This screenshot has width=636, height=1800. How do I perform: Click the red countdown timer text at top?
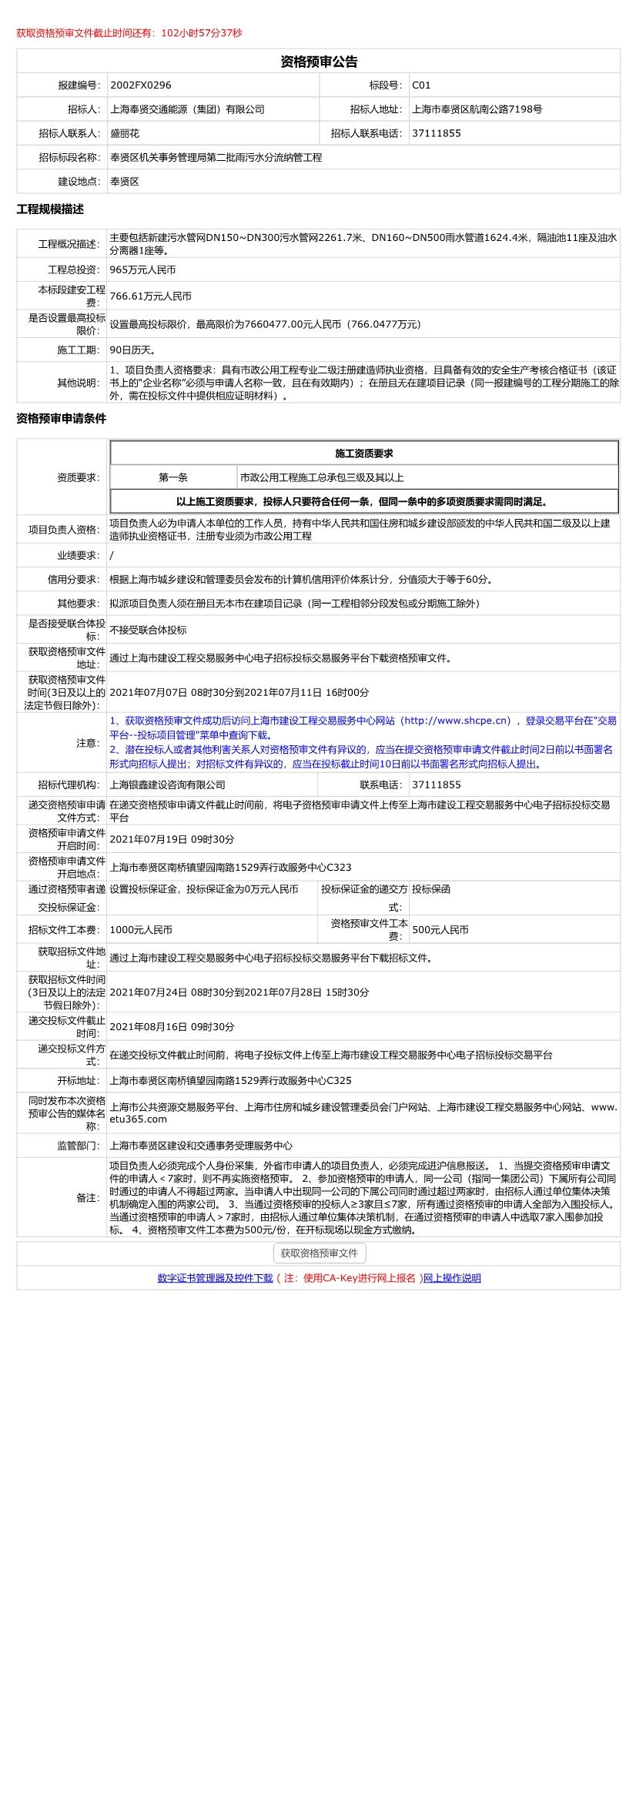[x=129, y=33]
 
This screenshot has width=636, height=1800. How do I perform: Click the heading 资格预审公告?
[x=318, y=62]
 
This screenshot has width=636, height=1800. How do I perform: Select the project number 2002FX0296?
[x=141, y=85]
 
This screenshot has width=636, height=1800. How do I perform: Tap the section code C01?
[x=421, y=85]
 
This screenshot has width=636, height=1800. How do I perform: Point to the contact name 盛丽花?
[x=125, y=133]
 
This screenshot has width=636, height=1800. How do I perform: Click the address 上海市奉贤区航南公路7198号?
[x=477, y=109]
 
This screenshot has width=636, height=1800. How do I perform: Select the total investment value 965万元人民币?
[x=142, y=270]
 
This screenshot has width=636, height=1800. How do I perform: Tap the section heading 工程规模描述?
[x=50, y=209]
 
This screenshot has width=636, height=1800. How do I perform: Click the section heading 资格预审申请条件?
[x=62, y=419]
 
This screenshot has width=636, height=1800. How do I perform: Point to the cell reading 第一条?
[x=173, y=477]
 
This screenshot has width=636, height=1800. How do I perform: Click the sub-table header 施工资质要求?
[x=363, y=453]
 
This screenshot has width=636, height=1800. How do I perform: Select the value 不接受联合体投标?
[x=148, y=630]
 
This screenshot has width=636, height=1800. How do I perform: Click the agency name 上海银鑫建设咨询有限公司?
[x=168, y=785]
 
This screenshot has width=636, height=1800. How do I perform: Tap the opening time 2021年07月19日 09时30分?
[x=172, y=839]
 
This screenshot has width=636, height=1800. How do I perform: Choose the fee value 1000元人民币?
[x=141, y=930]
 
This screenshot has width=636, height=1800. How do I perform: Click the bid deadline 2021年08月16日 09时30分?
[x=172, y=1027]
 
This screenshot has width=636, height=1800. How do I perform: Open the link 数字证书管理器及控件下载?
[x=215, y=1278]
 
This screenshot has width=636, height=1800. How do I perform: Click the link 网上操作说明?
[x=452, y=1278]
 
